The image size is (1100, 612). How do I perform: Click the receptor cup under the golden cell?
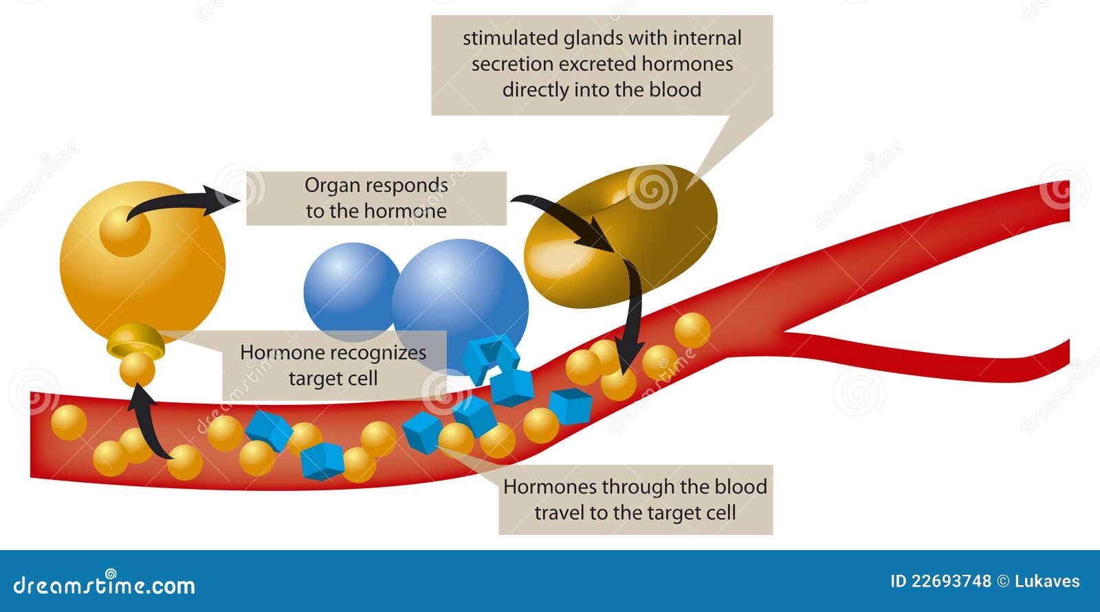(135, 340)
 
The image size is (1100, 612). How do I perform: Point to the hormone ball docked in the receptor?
(137, 369)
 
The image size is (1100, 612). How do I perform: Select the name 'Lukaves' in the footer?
(1047, 582)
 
